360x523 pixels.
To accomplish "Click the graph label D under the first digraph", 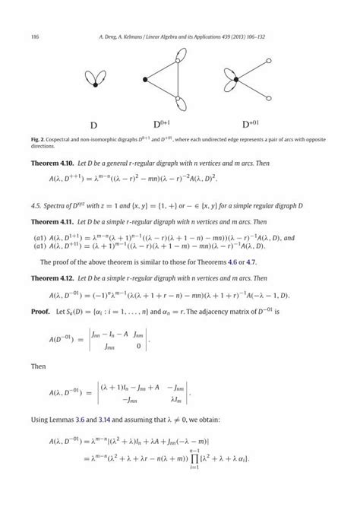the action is (x=93, y=125).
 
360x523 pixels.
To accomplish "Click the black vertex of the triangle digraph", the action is (x=144, y=79).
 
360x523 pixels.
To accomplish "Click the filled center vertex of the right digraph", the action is (x=236, y=78).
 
